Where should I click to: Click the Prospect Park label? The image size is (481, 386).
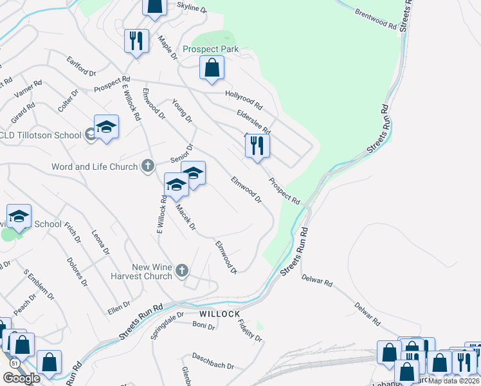tap(210, 49)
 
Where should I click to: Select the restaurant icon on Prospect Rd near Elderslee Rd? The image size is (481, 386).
tap(257, 146)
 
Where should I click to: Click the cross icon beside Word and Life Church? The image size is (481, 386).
tap(147, 167)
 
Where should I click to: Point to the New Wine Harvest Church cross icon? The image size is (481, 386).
tap(182, 270)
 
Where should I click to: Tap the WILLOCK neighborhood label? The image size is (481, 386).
tap(220, 314)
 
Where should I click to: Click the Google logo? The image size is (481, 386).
tap(22, 378)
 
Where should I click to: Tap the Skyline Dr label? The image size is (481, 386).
tap(192, 8)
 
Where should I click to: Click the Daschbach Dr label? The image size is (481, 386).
tap(213, 361)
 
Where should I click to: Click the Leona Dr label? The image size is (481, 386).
tap(100, 243)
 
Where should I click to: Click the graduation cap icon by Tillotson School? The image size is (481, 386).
tap(106, 127)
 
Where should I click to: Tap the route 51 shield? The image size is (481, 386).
tap(13, 363)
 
